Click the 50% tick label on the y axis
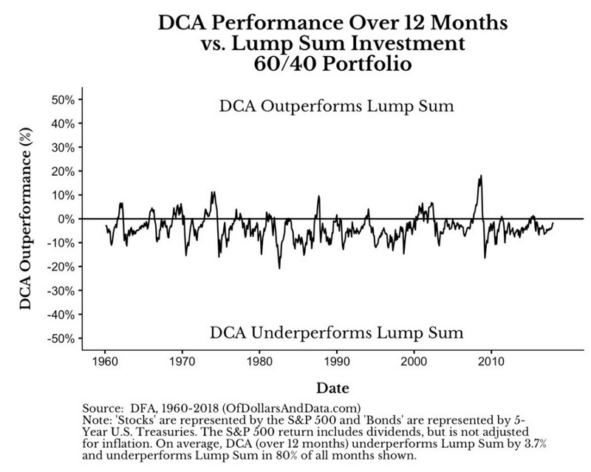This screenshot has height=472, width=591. tap(61, 99)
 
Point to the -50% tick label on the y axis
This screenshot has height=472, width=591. tap(59, 338)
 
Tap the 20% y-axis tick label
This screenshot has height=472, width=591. tap(61, 171)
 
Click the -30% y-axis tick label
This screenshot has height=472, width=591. tap(59, 290)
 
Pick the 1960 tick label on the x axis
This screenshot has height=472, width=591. tap(106, 363)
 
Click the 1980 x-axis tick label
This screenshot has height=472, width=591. tap(259, 363)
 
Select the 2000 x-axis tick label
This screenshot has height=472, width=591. tap(413, 363)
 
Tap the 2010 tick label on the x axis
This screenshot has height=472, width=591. tap(490, 363)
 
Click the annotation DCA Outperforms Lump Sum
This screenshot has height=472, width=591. tap(336, 106)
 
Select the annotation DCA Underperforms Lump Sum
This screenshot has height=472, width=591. tap(336, 332)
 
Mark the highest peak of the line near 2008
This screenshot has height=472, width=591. tap(481, 176)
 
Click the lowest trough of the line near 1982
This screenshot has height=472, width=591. tap(279, 267)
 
